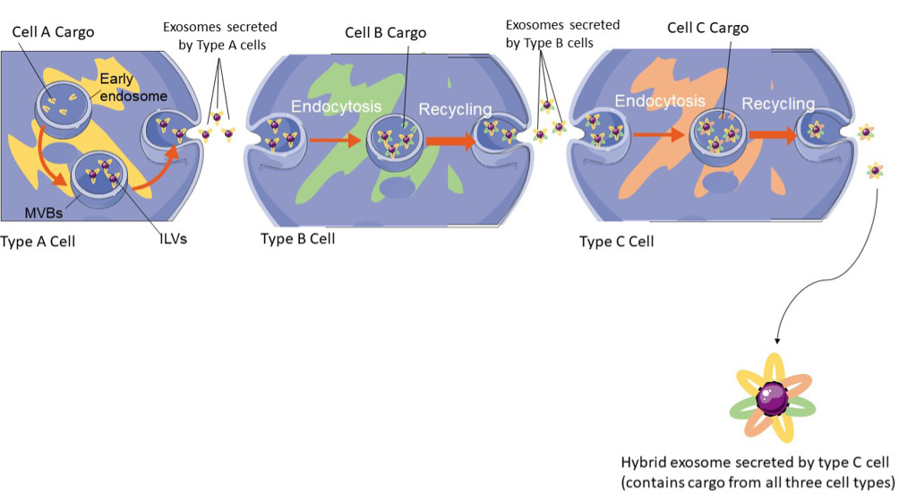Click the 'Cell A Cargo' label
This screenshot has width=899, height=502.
[53, 33]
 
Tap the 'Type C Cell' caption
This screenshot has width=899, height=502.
[616, 242]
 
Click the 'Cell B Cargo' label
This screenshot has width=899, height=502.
[386, 33]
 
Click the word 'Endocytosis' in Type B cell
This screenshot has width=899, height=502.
[336, 106]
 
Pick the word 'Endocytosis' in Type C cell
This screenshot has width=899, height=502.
[659, 102]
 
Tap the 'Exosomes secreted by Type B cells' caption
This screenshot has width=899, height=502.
[562, 33]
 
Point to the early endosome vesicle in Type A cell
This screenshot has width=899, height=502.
[64, 110]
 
